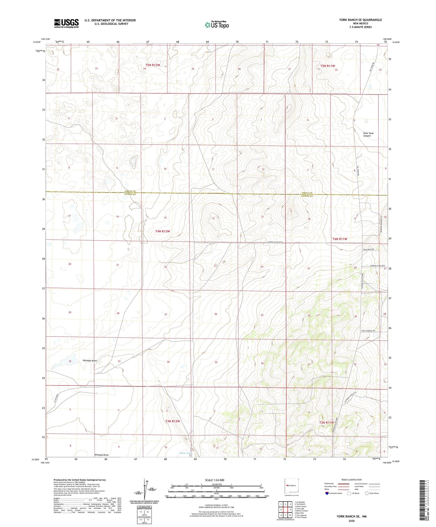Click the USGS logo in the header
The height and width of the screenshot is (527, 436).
[66, 23]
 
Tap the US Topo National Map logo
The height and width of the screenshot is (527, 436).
[216, 25]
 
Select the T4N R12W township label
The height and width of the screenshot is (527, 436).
[163, 231]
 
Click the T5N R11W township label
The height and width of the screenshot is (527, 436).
[328, 66]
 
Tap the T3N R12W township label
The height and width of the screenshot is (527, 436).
[172, 421]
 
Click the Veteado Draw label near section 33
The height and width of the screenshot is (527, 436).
[90, 361]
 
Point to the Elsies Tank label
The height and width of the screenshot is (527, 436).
[186, 453]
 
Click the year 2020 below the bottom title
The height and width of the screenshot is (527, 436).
[352, 521]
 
